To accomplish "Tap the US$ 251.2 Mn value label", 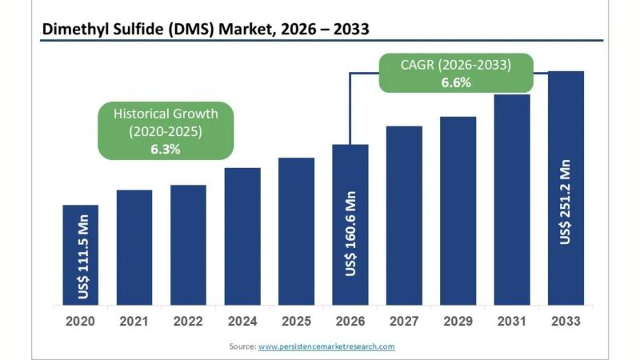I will pyautogui.click(x=566, y=202).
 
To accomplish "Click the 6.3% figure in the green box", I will pyautogui.click(x=165, y=148).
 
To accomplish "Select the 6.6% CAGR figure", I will pyautogui.click(x=455, y=82).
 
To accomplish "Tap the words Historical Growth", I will pyautogui.click(x=165, y=113).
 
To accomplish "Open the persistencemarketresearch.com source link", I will pyautogui.click(x=326, y=346).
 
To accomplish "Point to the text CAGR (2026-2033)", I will pyautogui.click(x=455, y=64).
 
